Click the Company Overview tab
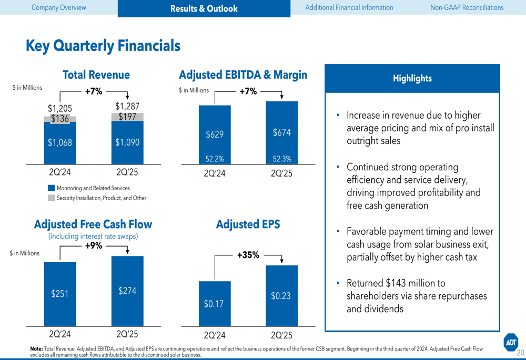click(58, 7)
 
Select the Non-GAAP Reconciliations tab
click(467, 7)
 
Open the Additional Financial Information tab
click(349, 7)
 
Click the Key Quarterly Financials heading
click(103, 46)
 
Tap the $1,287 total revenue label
click(127, 107)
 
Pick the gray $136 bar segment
click(60, 119)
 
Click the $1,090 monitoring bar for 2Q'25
click(127, 142)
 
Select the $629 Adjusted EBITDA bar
click(215, 134)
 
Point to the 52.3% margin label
click(282, 158)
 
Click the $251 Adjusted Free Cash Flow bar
click(60, 294)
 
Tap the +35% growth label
click(248, 255)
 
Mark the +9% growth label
click(94, 245)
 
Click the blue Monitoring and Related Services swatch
click(51, 188)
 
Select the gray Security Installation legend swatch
click(51, 198)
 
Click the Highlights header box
click(412, 78)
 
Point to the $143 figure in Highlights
click(397, 283)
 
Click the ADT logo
click(510, 342)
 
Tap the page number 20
click(520, 353)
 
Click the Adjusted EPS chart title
click(248, 224)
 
